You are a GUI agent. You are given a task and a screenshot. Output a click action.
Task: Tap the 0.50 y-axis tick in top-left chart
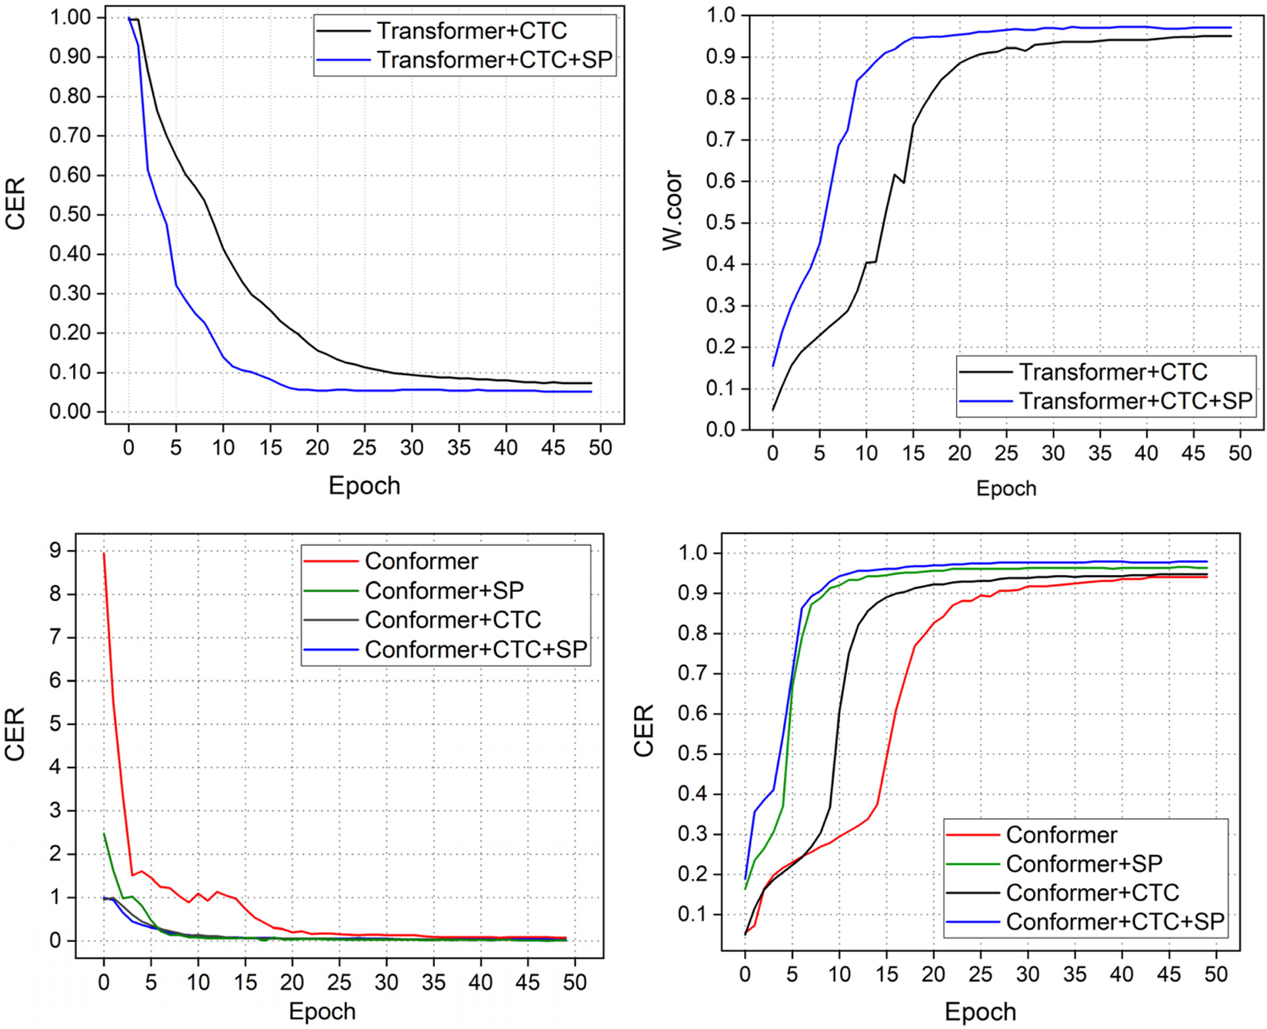[70, 214]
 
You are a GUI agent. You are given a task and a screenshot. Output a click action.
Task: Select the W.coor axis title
[673, 210]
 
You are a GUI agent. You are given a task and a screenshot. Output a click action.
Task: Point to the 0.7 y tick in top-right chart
[721, 140]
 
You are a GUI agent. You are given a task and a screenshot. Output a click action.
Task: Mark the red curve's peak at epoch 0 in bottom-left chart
[104, 553]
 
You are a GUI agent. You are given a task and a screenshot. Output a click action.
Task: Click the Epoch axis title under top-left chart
[364, 486]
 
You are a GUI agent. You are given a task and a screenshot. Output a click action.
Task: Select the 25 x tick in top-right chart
[1006, 453]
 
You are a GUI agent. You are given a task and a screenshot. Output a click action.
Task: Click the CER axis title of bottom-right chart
[643, 730]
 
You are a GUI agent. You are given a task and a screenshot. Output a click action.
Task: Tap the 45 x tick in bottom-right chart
[1169, 974]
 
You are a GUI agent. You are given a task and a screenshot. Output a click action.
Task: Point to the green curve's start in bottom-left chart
[104, 834]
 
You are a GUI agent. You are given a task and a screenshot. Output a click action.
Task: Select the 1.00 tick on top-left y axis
[70, 17]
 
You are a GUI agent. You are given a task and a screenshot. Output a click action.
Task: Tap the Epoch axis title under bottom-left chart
[322, 1011]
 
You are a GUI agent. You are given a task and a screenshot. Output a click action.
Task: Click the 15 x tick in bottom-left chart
[245, 983]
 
